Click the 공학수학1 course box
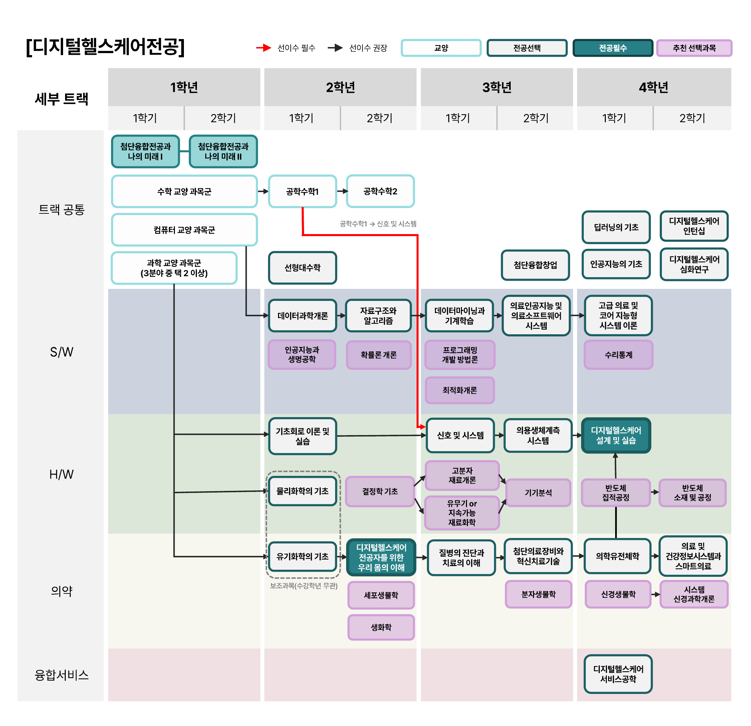pos(302,191)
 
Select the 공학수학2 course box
pos(380,191)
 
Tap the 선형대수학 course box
pos(302,267)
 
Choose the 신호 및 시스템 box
pos(460,435)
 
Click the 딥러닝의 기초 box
pos(616,227)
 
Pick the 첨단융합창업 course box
pos(535,265)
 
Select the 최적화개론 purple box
pos(460,390)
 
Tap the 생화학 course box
pos(381,627)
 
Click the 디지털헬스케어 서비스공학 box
pos(618,674)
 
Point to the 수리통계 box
pos(618,355)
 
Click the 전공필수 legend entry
pos(613,48)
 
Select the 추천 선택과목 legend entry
pos(694,48)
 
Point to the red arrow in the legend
pos(264,48)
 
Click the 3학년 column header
pos(497,87)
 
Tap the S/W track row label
pos(61,352)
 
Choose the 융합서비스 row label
pos(61,675)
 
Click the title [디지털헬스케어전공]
pos(105,47)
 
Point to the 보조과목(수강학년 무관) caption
pos(304,586)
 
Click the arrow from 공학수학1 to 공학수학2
pos(342,191)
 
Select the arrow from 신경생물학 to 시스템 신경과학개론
pos(656,594)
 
